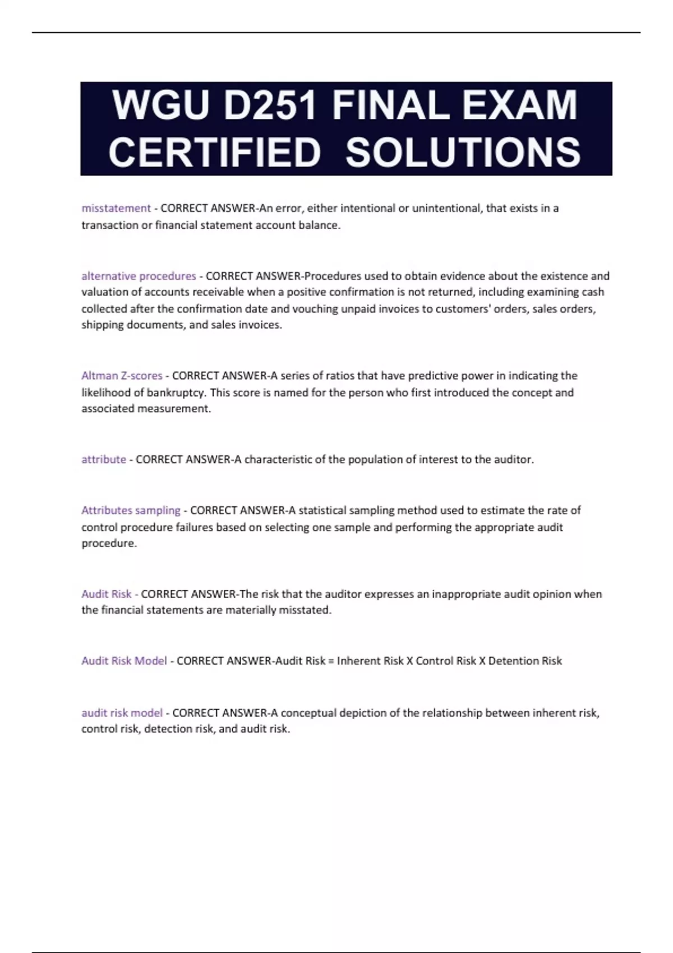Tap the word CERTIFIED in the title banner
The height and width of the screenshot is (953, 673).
pos(214,152)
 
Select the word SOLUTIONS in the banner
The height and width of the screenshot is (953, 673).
pos(463,152)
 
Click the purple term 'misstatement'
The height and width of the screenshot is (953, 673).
pos(116,209)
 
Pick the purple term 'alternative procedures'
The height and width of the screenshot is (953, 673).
pos(139,276)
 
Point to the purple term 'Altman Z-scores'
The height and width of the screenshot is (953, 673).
pos(122,376)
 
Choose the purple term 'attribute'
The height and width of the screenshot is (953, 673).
pos(104,460)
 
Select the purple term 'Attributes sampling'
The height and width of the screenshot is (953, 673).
pos(131,511)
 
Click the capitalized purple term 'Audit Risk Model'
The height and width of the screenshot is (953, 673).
pos(124,661)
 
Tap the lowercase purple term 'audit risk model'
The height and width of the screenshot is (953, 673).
pos(122,713)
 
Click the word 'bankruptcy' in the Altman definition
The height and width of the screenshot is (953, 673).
pos(173,393)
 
